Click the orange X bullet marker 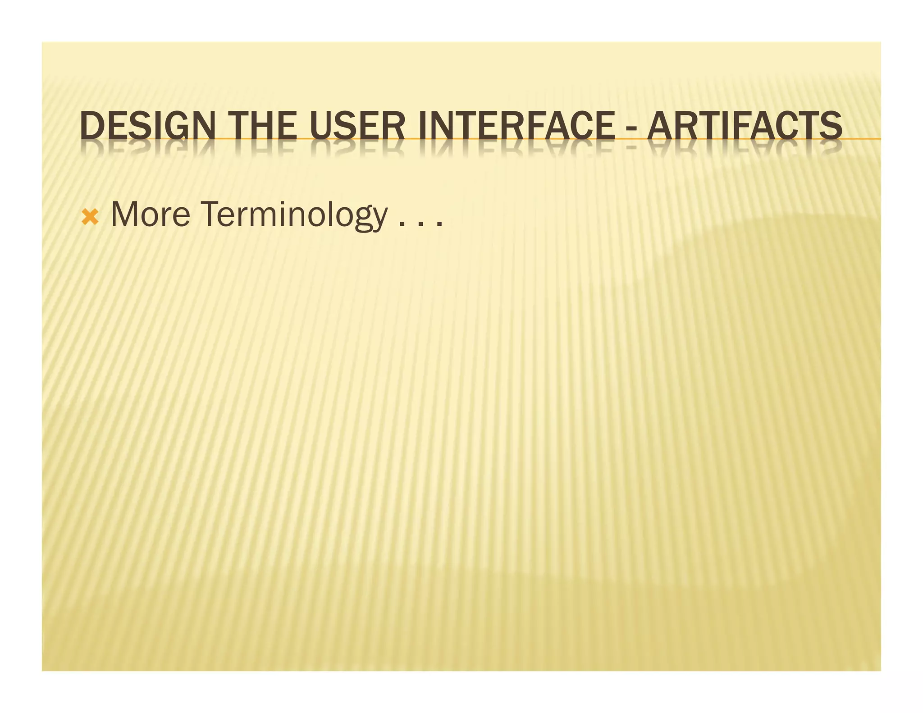coord(90,218)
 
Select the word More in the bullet coord(151,215)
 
